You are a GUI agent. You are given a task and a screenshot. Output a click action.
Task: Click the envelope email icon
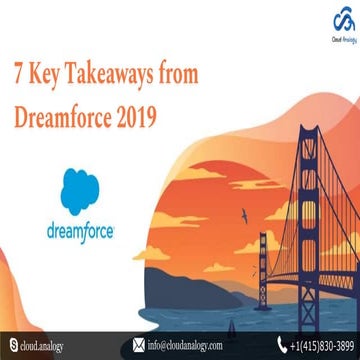click(138, 347)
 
